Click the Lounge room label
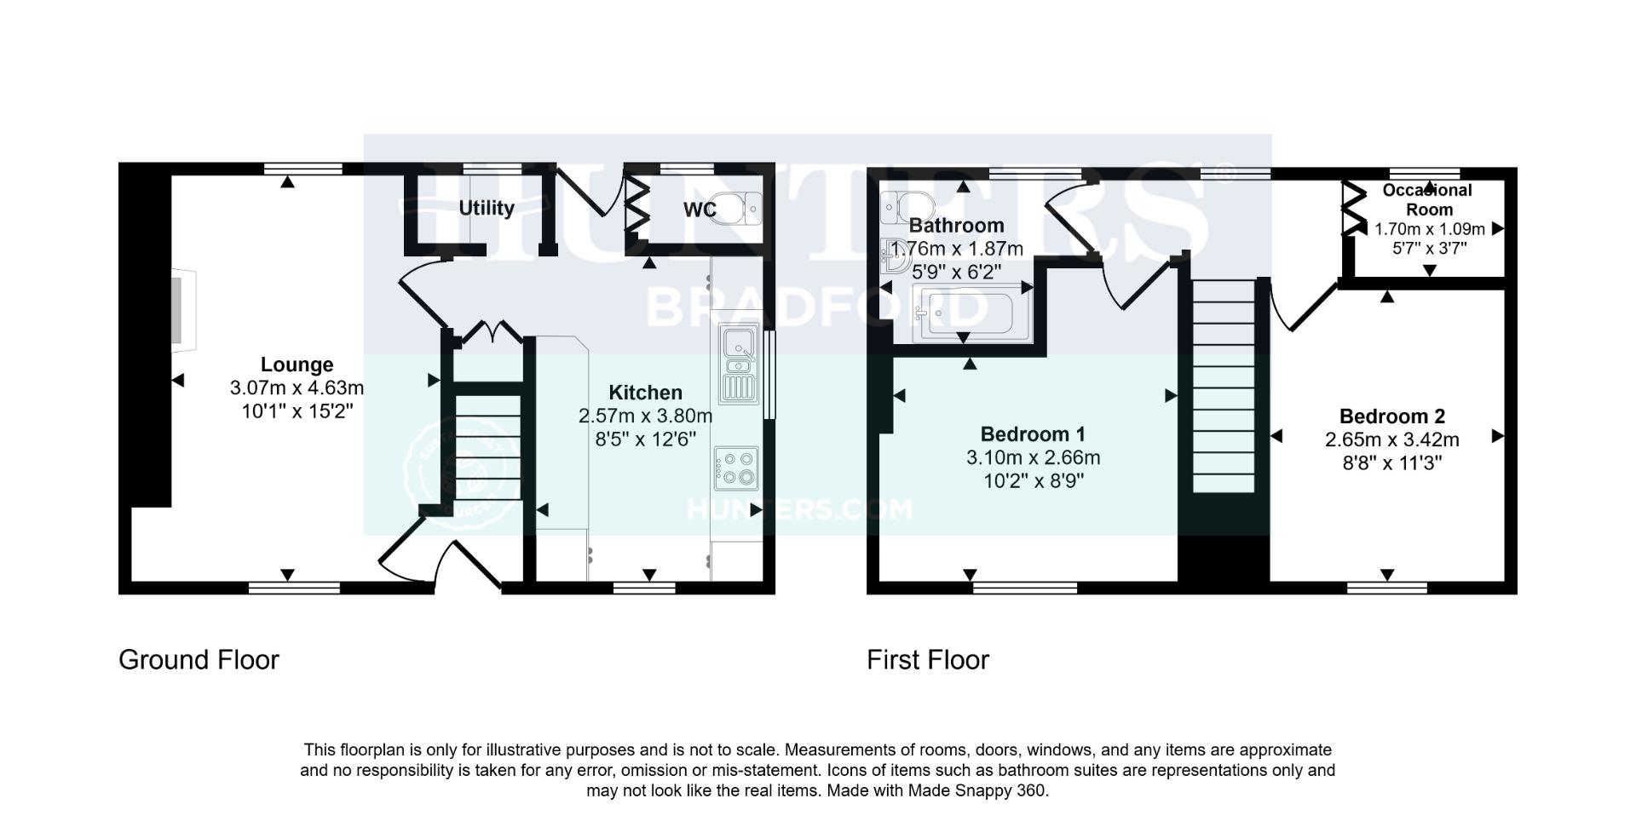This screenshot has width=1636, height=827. (297, 365)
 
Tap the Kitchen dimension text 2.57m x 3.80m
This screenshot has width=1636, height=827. (645, 416)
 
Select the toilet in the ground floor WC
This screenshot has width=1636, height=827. (738, 207)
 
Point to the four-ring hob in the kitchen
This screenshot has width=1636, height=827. (737, 468)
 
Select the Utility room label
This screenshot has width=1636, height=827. (487, 209)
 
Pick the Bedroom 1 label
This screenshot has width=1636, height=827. (1033, 434)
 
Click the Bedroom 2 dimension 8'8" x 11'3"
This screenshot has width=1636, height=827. (1391, 463)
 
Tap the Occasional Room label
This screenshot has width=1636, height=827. (1428, 199)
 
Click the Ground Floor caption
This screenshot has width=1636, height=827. (199, 660)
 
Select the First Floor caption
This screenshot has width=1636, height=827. (927, 660)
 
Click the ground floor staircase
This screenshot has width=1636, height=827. (487, 447)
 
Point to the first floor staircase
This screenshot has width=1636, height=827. (1224, 388)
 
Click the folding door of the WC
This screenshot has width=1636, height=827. (637, 204)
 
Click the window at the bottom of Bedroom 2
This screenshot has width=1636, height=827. (1387, 587)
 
